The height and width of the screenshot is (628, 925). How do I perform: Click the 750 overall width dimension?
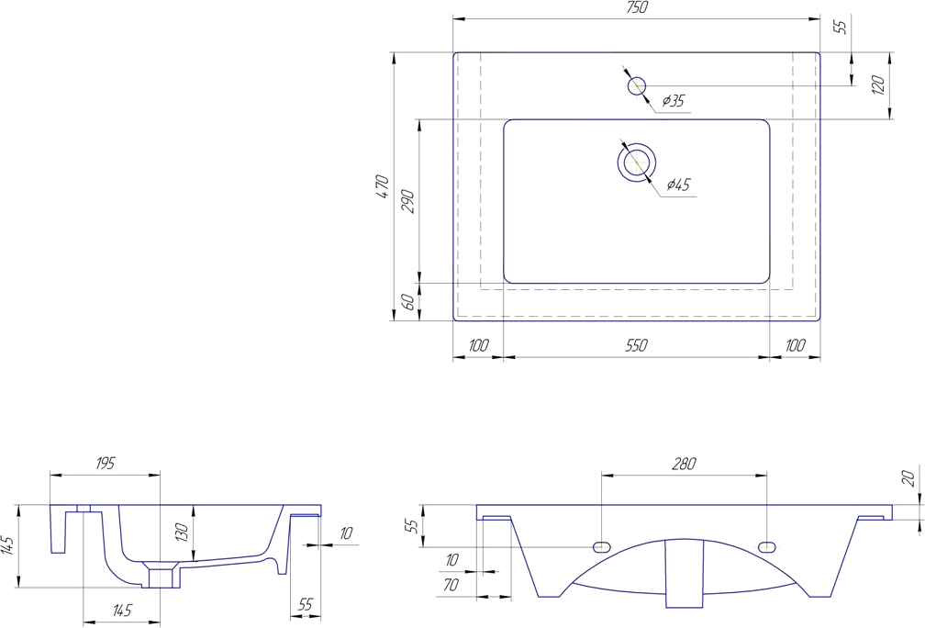pos(637,7)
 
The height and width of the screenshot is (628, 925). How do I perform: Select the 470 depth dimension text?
pos(383,186)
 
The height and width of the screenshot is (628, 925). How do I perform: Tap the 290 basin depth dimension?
pos(409,201)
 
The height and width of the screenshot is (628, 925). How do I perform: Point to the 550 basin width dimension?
pos(637,345)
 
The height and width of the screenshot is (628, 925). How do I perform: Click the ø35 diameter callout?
pos(673,101)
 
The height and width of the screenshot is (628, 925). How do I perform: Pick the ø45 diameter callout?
pos(678,185)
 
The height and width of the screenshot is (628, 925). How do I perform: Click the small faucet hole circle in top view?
pos(636,86)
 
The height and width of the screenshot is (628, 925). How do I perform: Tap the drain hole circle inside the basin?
pos(637,163)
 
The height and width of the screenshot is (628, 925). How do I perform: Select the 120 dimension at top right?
pos(878,85)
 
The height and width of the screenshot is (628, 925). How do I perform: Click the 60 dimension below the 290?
pos(407,301)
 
